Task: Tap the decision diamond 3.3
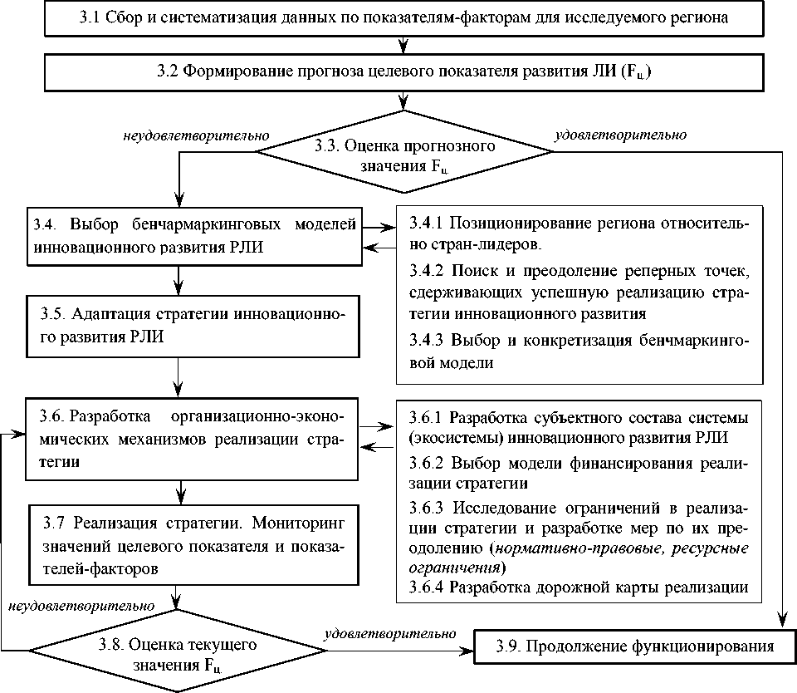[404, 152]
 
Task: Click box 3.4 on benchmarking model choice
[194, 235]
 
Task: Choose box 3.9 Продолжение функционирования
[633, 646]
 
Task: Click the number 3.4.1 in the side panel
[427, 224]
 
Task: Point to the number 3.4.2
[427, 272]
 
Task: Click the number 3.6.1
[427, 415]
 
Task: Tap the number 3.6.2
[427, 463]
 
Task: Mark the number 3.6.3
[427, 508]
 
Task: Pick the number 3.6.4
[427, 587]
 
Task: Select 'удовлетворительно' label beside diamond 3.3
[620, 134]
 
